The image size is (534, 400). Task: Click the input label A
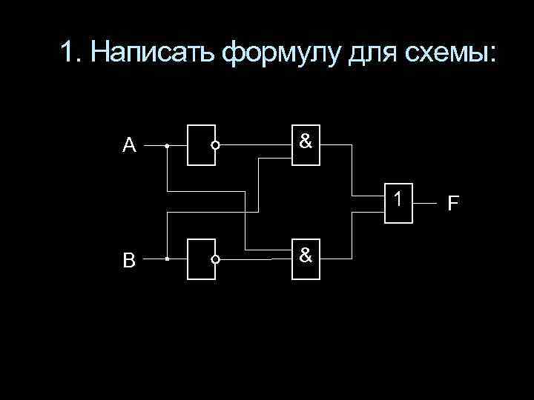tap(129, 146)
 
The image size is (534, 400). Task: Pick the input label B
tap(129, 261)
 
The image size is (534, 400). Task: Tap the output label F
tap(454, 202)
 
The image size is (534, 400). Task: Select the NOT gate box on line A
tap(201, 145)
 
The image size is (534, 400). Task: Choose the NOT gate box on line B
tap(201, 259)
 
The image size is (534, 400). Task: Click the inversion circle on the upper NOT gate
tap(215, 146)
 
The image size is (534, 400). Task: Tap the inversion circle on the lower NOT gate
tap(215, 260)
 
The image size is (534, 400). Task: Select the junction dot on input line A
tap(168, 146)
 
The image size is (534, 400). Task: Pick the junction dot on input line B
tap(168, 260)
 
